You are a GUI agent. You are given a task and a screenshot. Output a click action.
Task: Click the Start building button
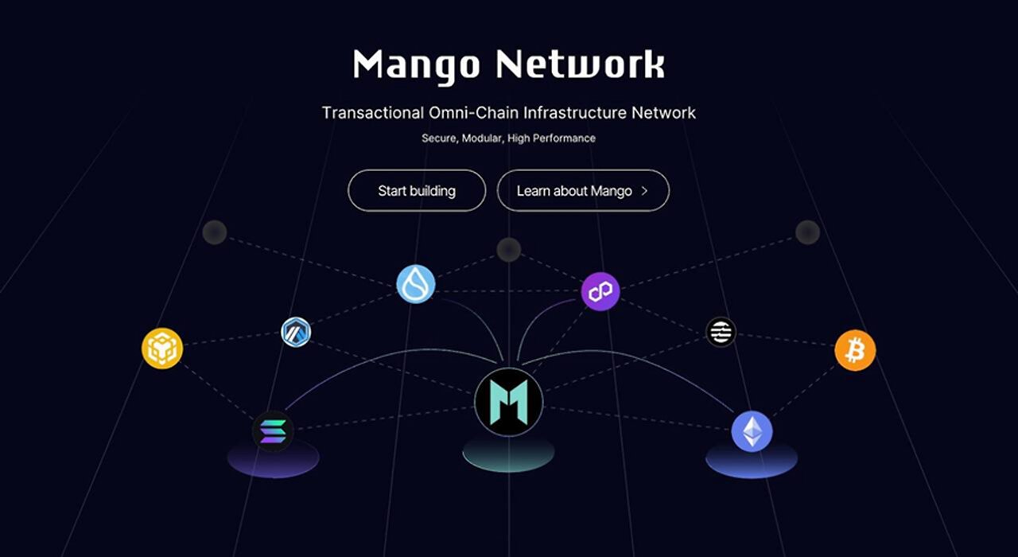coord(417,190)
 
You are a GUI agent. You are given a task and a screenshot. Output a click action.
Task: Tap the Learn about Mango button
coord(583,190)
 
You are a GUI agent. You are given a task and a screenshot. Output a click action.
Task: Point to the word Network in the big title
coord(581,64)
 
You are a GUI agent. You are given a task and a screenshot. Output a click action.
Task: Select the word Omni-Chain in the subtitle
coord(474,113)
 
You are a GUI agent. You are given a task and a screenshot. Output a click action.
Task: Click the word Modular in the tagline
coord(482,138)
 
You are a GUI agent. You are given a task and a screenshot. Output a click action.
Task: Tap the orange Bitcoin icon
coord(855,350)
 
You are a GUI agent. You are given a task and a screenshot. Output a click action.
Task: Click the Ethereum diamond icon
coord(752,431)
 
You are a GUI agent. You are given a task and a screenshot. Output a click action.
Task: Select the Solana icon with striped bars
coord(273,431)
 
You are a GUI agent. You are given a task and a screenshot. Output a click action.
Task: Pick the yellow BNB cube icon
coord(162,349)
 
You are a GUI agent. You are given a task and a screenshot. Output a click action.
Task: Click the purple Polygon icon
coord(600,291)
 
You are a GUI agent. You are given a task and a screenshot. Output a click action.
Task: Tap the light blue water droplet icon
coord(416,284)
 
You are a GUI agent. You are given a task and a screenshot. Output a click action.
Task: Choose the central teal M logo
coord(508,402)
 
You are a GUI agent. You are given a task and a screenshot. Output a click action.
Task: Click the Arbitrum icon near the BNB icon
coord(296,332)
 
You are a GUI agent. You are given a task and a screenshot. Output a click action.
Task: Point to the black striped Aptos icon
coord(721,332)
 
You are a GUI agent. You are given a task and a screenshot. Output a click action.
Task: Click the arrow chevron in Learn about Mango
coord(644,191)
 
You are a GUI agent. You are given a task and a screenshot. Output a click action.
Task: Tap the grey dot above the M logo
coord(508,250)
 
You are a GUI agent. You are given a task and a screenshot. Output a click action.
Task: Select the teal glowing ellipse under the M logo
coord(508,453)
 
